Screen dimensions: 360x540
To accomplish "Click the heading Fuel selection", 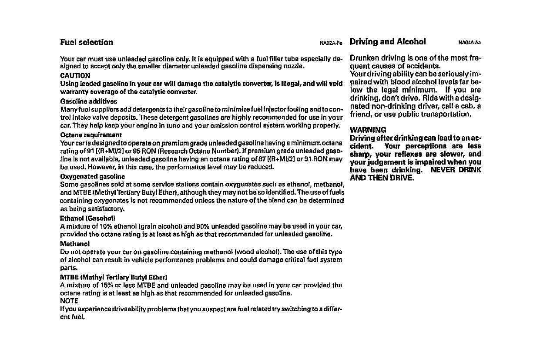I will pos(87,42).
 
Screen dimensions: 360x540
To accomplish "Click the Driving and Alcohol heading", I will pos(388,42).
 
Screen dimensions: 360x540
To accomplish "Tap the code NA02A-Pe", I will pos(331,43).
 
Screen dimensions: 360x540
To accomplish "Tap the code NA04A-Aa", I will pos(469,43).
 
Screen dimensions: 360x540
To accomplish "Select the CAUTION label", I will pos(75,75).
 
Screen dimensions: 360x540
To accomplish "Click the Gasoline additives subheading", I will pos(82,101).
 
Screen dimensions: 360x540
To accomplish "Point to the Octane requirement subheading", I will pos(91,135).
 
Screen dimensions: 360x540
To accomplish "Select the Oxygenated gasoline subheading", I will pos(92,176).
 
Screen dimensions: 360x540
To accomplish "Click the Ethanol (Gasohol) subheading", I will pos(87,218).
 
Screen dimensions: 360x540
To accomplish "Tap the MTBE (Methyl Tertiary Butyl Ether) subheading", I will pos(114,277).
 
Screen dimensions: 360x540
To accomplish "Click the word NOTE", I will pos(69,301).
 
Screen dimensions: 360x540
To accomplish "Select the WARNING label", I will pos(368,130).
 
